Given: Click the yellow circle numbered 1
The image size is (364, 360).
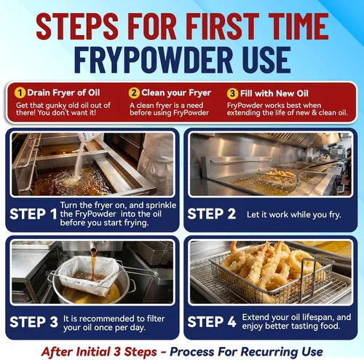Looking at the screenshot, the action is [x=20, y=93].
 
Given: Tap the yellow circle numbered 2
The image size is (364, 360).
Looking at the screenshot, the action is [x=134, y=93].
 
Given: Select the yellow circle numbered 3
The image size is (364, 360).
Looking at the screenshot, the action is [x=232, y=93].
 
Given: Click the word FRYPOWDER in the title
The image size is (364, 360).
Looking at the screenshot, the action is [x=153, y=60].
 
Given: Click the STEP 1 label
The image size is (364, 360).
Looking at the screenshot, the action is [x=33, y=214].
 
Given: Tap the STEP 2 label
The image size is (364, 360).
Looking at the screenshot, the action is [x=212, y=214].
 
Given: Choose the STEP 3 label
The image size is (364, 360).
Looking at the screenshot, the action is [x=34, y=322].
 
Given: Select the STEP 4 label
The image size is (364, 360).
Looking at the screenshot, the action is [x=212, y=322].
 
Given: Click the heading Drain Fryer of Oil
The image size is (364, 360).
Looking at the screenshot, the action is [x=63, y=93].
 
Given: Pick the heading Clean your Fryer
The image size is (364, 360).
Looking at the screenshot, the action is [x=176, y=93].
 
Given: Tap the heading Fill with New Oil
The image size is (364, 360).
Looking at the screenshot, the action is [x=274, y=93].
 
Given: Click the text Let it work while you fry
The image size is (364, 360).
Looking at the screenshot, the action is [x=294, y=215].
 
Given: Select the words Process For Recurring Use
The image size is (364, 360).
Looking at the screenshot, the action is [x=246, y=351].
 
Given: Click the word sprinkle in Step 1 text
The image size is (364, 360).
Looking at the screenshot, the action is [x=159, y=206].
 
